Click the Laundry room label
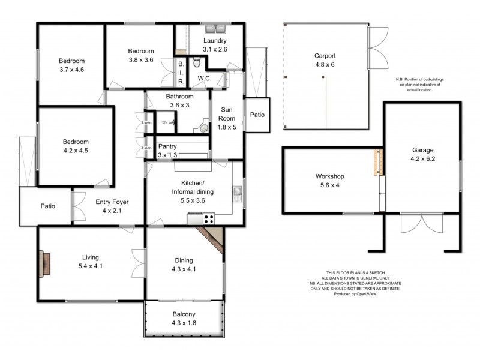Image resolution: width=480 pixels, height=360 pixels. click(215, 40)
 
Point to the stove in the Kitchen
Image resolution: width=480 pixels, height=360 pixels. click(209, 220)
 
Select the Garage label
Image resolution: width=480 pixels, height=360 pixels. click(422, 150)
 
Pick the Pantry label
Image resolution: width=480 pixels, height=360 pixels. click(168, 146)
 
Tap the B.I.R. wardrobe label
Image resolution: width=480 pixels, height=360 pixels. click(181, 72)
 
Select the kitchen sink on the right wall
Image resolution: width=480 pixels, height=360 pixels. click(238, 193)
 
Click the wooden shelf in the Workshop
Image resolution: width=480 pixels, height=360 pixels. click(378, 161)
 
